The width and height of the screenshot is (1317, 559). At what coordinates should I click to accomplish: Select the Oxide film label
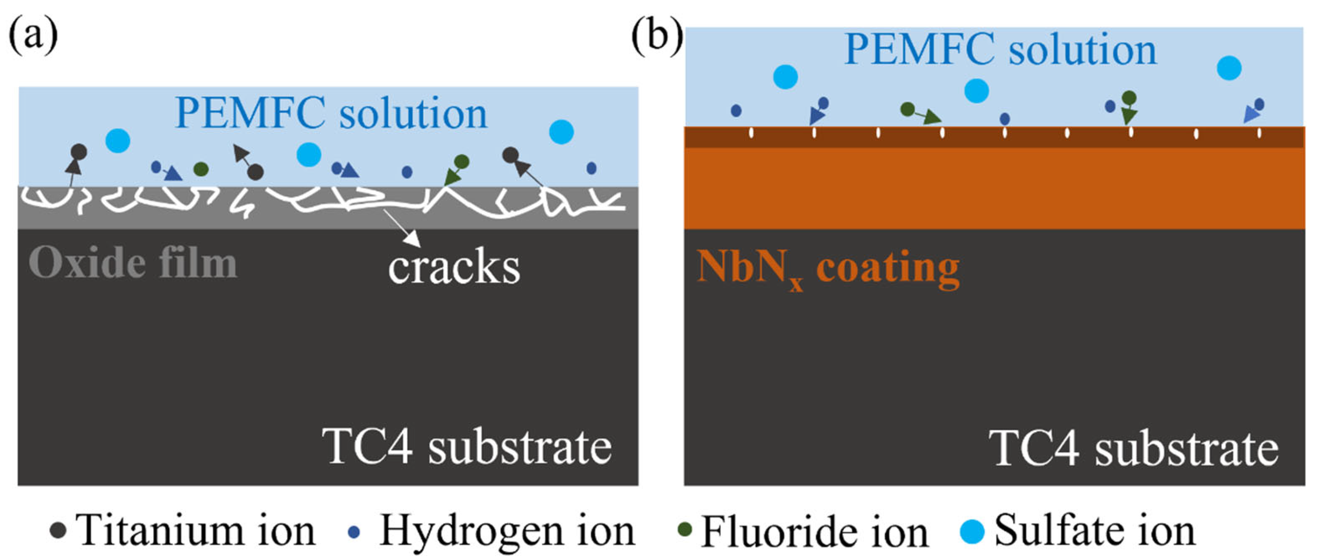pos(133,263)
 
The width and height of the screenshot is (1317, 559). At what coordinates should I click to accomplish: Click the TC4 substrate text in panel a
pos(468,446)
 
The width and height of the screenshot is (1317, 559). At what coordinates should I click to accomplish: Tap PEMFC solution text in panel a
pos(331,113)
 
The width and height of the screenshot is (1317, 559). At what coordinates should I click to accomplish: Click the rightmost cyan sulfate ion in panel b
pos(1229,68)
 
